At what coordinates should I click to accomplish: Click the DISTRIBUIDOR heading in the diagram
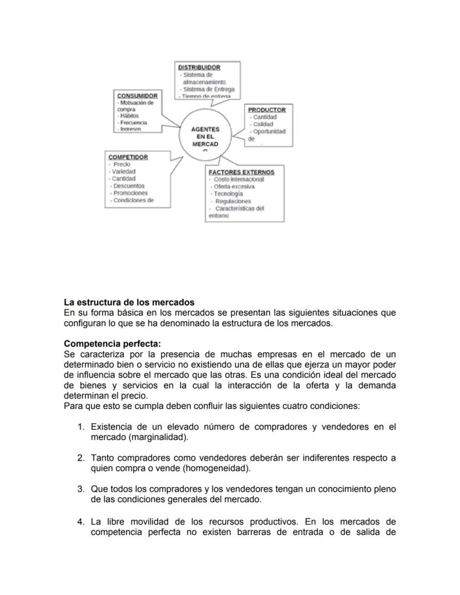coord(199,68)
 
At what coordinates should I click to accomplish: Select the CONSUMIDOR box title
coord(137,96)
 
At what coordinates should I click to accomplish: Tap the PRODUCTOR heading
coord(267,110)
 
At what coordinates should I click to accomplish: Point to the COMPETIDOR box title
coord(128,157)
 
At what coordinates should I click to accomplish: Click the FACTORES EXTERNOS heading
coord(241,172)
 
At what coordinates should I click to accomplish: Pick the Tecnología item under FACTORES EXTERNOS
coord(228,194)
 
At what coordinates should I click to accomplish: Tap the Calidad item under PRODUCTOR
coord(263,124)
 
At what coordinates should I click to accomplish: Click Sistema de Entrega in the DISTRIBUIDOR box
coord(208,89)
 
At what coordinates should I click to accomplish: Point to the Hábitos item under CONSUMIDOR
coord(129,116)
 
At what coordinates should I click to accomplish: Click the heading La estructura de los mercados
coord(129,303)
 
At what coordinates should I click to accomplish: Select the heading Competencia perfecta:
coord(112,344)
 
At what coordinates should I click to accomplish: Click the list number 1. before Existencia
coord(81,427)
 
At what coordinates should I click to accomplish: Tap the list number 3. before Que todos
coord(81,489)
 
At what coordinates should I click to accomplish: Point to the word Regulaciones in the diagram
coord(233,201)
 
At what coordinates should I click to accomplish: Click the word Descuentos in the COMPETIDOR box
coord(129,186)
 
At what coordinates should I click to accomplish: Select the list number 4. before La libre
coord(81,522)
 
